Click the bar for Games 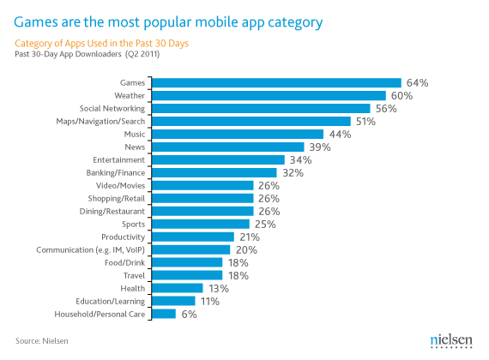(x=276, y=83)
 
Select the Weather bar (x=269, y=96)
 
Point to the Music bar (x=237, y=135)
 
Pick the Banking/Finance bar (x=214, y=172)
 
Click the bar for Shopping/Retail (x=202, y=198)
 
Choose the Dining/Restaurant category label (x=117, y=211)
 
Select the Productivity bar (x=193, y=237)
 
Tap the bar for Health (x=178, y=288)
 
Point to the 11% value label (x=210, y=302)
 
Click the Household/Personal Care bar (x=164, y=314)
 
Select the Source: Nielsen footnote (x=43, y=341)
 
